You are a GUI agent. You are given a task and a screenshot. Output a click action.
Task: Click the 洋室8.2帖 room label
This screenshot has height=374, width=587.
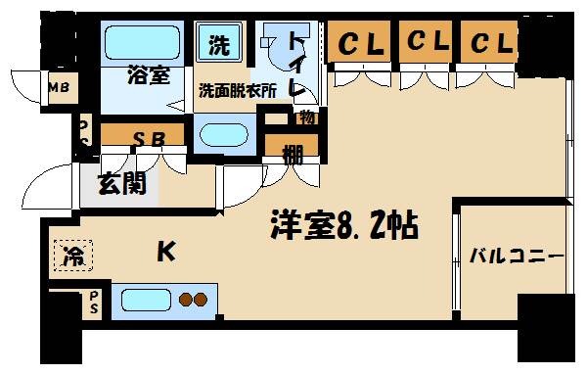click(x=344, y=227)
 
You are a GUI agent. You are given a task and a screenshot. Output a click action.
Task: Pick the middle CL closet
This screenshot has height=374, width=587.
click(x=425, y=43)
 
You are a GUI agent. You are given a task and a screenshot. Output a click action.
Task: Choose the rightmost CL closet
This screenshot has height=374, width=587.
click(x=490, y=43)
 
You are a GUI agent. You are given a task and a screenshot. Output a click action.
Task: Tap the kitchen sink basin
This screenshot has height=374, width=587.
click(x=143, y=300)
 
